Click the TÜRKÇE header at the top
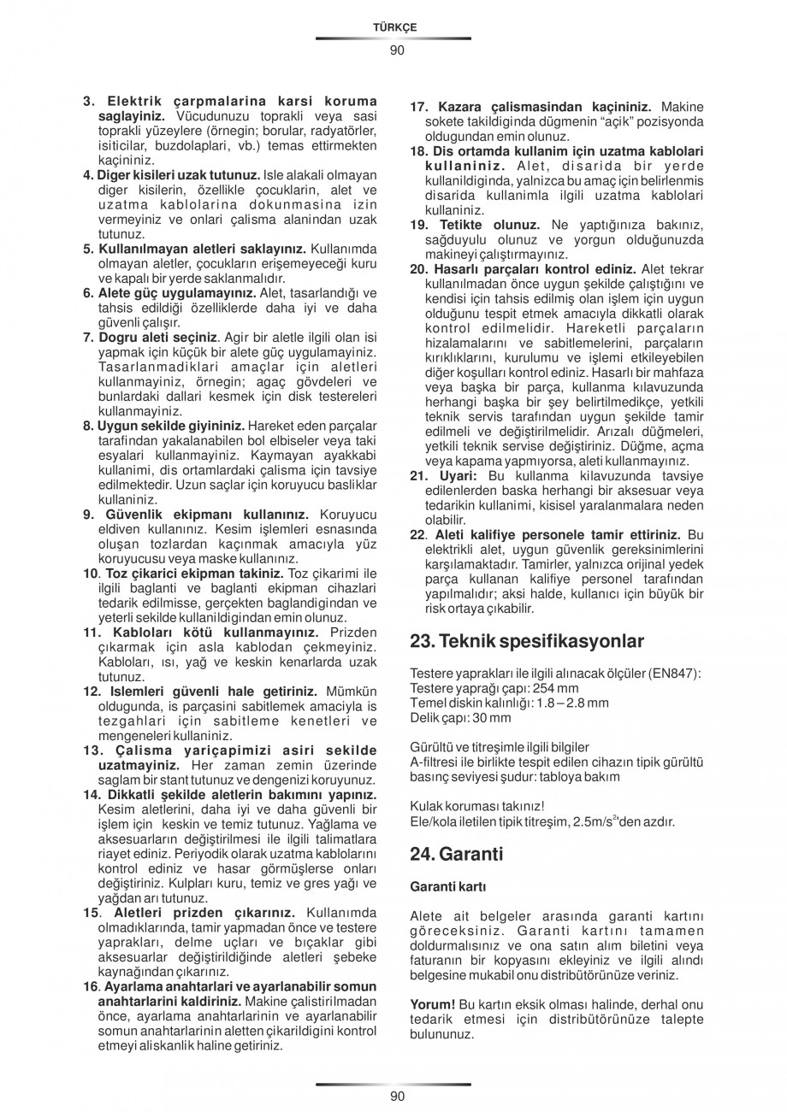click(x=394, y=27)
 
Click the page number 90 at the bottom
click(x=396, y=1097)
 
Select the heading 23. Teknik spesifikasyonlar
click(x=527, y=641)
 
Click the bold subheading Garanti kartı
click(x=447, y=886)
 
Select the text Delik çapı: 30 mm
click(x=460, y=717)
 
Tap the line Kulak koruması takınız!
click(x=477, y=807)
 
